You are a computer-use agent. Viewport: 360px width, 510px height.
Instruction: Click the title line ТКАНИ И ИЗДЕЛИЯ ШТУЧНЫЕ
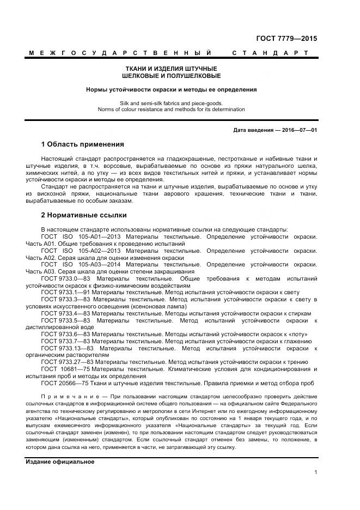coord(171,68)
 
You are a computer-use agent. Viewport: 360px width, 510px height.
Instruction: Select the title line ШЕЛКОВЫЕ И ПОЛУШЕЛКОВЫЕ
coord(171,76)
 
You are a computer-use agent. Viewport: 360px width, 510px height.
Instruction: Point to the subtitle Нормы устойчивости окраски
coord(171,89)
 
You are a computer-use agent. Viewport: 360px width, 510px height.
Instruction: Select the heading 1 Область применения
coord(82,145)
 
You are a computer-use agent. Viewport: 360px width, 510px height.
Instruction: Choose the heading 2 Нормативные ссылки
coord(84,215)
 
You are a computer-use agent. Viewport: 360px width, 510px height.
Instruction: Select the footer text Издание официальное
coord(60,462)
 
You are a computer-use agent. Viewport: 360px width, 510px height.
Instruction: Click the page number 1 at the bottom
coord(316,473)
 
